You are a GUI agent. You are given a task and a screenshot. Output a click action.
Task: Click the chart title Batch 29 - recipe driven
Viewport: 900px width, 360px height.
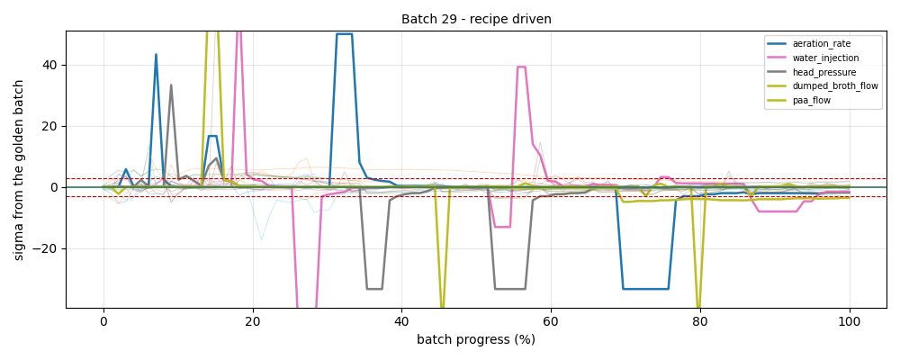click(x=476, y=19)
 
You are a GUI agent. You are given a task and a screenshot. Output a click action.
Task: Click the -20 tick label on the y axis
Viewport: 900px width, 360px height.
click(x=49, y=248)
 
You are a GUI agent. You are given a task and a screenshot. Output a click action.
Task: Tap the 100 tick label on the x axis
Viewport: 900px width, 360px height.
click(x=850, y=322)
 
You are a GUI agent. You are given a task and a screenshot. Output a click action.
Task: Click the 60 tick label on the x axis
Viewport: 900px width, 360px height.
click(x=551, y=322)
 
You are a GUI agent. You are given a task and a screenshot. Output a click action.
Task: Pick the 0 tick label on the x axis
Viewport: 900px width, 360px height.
click(x=103, y=322)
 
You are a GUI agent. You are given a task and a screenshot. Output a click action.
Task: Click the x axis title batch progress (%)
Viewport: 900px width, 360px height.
click(x=476, y=339)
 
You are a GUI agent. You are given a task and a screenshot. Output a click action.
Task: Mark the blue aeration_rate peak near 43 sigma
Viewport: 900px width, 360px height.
click(x=156, y=55)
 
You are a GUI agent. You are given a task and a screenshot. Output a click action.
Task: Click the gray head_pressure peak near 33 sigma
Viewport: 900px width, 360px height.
click(x=170, y=85)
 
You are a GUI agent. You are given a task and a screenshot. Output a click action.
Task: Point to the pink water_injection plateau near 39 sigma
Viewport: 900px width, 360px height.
click(x=521, y=67)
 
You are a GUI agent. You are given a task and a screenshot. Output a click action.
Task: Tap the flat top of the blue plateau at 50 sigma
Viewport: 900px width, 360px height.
click(x=345, y=34)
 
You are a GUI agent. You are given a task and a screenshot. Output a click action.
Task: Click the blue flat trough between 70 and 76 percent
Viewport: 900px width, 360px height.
click(x=645, y=289)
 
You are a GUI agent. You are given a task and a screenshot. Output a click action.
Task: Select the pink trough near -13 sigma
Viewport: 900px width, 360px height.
click(x=502, y=227)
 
